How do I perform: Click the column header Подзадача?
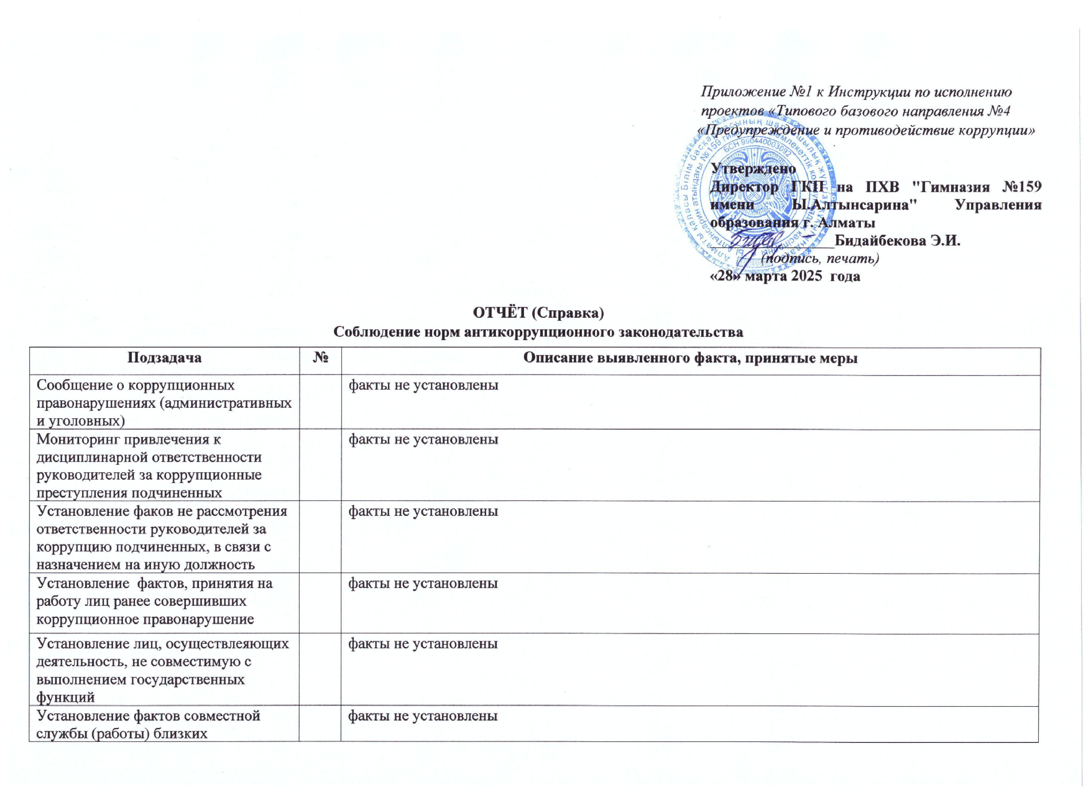pyautogui.click(x=164, y=358)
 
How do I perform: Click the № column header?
pyautogui.click(x=320, y=358)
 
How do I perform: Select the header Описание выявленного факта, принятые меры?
pyautogui.click(x=691, y=358)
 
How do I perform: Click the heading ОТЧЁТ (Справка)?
pyautogui.click(x=538, y=313)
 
